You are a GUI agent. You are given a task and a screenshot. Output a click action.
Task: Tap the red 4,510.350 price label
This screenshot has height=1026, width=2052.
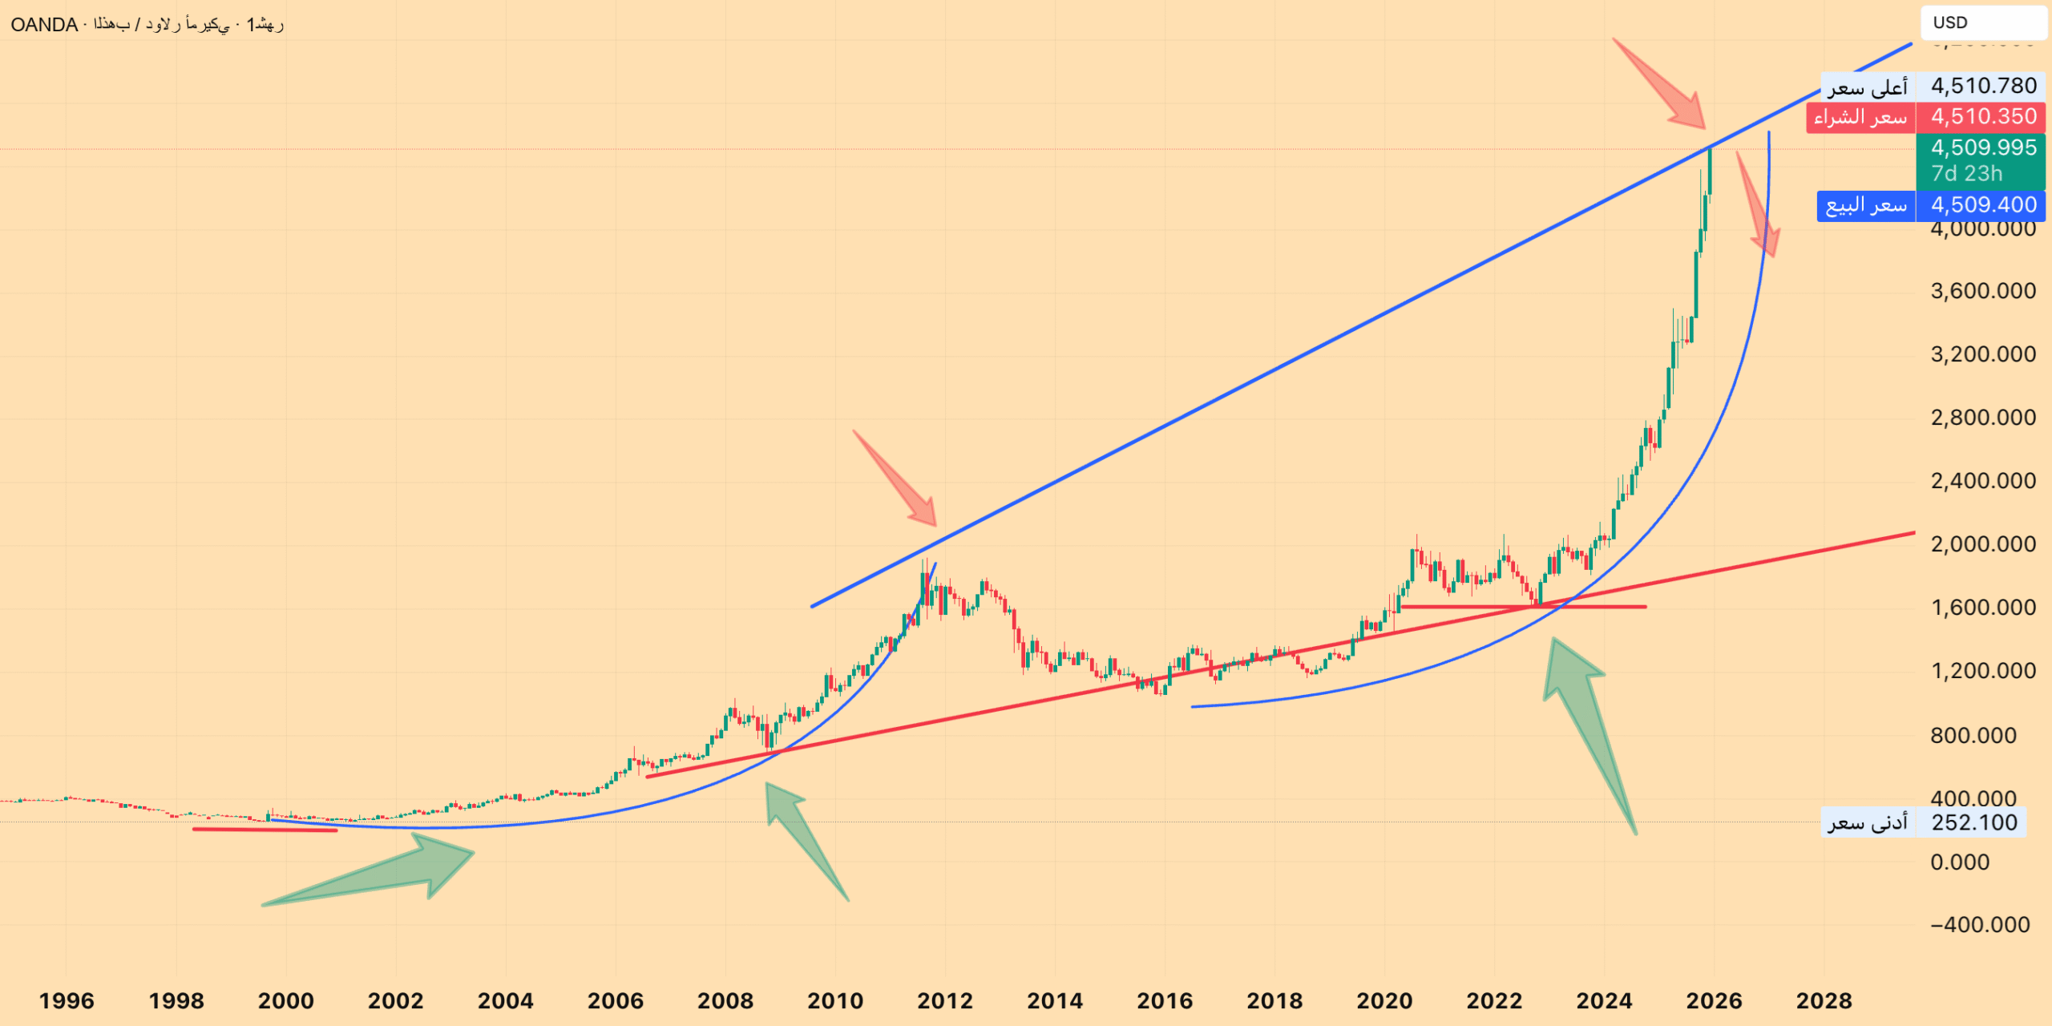tap(1983, 117)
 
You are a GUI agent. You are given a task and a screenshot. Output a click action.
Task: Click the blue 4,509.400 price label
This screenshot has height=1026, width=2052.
tap(1983, 205)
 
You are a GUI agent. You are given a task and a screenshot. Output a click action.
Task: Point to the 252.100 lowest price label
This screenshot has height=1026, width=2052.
tap(1973, 822)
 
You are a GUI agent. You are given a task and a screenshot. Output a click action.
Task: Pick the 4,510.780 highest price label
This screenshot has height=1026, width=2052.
tap(1983, 86)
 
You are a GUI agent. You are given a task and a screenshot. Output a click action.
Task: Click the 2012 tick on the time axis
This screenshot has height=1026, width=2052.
tap(945, 1000)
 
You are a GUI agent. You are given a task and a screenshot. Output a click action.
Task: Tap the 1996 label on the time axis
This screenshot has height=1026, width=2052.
tap(67, 1000)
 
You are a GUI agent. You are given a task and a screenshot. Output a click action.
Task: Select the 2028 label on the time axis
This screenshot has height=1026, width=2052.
tap(1824, 1000)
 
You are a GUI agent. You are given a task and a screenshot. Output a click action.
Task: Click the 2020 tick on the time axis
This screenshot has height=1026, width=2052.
tap(1384, 1000)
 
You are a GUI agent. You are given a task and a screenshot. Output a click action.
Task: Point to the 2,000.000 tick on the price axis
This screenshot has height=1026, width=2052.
tap(1983, 544)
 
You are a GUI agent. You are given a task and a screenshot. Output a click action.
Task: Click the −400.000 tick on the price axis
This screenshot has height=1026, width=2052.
tap(1980, 925)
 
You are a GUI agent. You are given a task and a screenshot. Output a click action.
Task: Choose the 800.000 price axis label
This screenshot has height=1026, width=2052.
tap(1973, 735)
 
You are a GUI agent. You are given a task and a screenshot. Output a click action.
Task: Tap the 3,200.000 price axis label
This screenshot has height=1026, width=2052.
tap(1983, 354)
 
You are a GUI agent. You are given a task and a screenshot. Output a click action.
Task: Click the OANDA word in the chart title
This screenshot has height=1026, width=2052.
tap(44, 25)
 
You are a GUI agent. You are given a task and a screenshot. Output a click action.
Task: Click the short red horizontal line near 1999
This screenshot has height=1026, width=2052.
tap(265, 830)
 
